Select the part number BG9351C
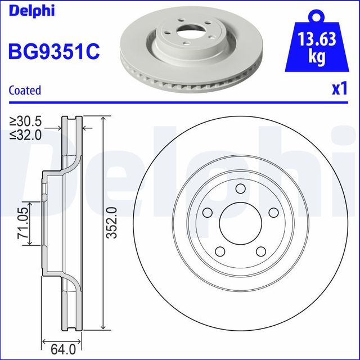pyautogui.click(x=54, y=51)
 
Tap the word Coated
pyautogui.click(x=25, y=90)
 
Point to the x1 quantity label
pyautogui.click(x=338, y=89)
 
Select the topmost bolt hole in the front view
pyautogui.click(x=241, y=188)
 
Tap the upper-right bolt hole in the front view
pyautogui.click(x=274, y=212)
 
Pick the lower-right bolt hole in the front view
pyautogui.click(x=262, y=251)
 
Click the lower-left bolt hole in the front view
pyautogui.click(x=220, y=251)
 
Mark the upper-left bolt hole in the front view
pyautogui.click(x=208, y=212)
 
